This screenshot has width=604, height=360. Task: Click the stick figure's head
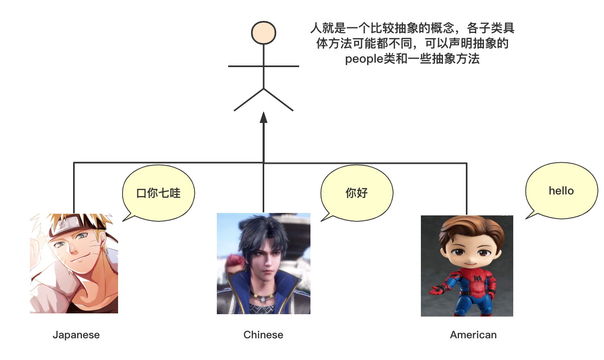[263, 33]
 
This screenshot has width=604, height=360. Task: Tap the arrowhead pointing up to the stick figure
[263, 117]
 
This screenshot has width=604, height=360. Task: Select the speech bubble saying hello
[561, 191]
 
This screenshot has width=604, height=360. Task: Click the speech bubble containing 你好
[357, 193]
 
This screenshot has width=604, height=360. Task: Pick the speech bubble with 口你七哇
[158, 193]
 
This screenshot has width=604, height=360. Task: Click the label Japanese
[76, 335]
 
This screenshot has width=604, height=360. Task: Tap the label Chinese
[263, 335]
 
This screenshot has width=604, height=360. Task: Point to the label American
[473, 335]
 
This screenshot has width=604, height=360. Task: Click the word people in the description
[364, 59]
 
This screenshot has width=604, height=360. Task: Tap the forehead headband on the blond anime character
[68, 227]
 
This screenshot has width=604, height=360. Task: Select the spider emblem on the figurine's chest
[477, 278]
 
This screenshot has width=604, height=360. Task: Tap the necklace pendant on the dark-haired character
[263, 299]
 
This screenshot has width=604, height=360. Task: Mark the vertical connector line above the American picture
[466, 189]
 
